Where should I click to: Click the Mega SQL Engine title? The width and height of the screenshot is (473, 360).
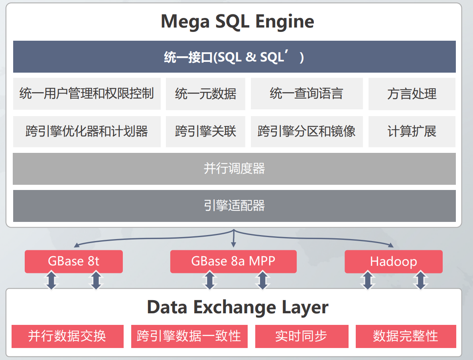click(x=237, y=22)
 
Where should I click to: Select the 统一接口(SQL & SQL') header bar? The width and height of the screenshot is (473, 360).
click(x=234, y=57)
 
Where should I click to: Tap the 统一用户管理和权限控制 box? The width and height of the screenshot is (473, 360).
click(x=87, y=94)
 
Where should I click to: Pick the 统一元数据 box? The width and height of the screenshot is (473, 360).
click(x=205, y=94)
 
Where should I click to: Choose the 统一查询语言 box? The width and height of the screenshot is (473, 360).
click(x=306, y=94)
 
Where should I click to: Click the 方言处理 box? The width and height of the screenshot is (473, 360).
click(x=412, y=94)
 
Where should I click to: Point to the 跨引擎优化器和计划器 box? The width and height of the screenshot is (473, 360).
click(x=87, y=131)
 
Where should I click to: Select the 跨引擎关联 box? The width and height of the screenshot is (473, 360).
click(x=205, y=131)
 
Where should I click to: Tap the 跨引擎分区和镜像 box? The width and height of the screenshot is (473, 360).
click(x=306, y=131)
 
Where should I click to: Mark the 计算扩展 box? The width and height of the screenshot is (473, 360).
click(x=412, y=131)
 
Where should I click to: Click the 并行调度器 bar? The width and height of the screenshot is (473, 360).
click(x=234, y=168)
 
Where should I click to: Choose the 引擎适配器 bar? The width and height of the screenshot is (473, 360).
click(x=234, y=206)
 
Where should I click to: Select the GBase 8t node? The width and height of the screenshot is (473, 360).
click(x=73, y=261)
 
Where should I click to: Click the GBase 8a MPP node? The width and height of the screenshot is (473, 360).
click(x=233, y=261)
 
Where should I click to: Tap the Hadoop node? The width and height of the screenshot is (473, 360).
click(x=393, y=261)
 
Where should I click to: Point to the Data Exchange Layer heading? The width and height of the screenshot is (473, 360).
click(x=237, y=307)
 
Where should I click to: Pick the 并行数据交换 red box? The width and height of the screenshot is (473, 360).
click(x=67, y=336)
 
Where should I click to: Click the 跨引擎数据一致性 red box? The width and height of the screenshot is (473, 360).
click(x=189, y=336)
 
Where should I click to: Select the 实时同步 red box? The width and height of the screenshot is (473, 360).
click(x=301, y=336)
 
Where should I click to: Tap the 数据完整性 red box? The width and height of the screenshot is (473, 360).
click(x=405, y=336)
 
